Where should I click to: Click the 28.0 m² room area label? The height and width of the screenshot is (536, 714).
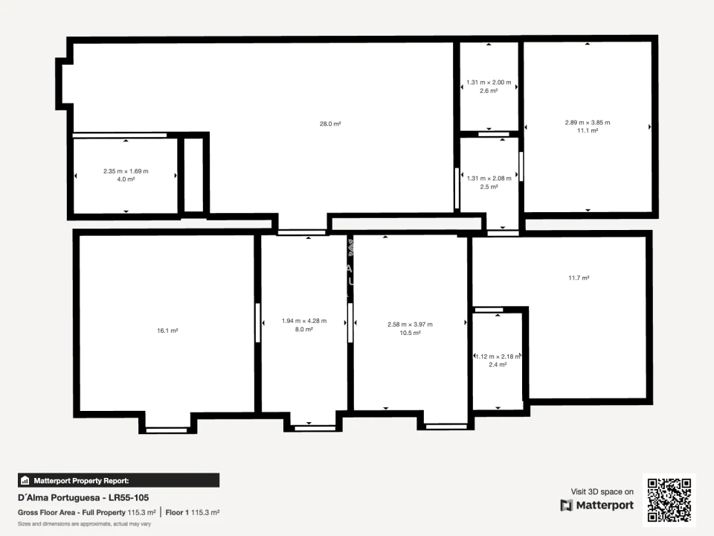pos(330,124)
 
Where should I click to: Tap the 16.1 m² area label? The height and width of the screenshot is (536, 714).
pos(167,331)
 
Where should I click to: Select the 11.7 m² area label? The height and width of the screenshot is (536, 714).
pos(579,278)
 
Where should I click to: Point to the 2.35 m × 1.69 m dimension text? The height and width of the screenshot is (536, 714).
pos(126,171)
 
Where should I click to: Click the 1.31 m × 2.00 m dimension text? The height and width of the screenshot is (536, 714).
pos(489,82)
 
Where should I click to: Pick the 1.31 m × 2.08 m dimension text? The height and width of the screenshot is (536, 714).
pos(489,178)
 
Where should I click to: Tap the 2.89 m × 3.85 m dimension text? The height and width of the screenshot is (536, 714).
pos(588,122)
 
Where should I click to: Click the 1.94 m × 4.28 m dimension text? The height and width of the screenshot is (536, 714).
pos(304,320)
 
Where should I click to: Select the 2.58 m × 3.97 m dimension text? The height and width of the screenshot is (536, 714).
pos(410,324)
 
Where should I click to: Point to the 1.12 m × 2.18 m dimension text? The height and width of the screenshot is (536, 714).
pos(498,356)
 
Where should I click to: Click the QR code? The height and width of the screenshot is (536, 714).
pos(669,500)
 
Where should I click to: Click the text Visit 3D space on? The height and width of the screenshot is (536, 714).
pos(602,491)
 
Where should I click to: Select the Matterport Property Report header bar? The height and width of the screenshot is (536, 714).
pos(118,480)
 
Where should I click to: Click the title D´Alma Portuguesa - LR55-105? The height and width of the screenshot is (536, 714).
pos(83,498)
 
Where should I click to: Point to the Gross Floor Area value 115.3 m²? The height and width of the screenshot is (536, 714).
pos(141,512)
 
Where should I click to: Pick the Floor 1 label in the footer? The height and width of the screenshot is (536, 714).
pos(177,512)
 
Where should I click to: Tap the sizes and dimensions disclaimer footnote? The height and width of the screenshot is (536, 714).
pos(84,523)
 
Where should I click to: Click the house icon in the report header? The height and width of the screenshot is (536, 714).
pos(25,480)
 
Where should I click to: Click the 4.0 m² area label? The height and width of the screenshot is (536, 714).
pos(126,179)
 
